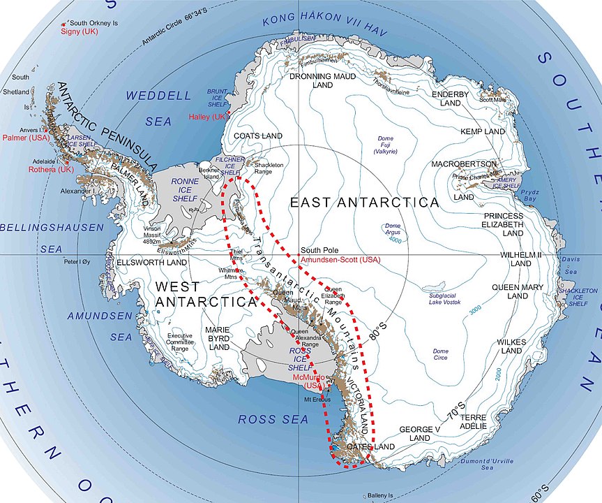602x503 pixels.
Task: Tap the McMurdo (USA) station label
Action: (x=307, y=381)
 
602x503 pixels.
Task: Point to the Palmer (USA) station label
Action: (x=21, y=138)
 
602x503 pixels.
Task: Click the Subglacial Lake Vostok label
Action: (x=452, y=300)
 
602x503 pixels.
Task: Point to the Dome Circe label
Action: (x=440, y=355)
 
